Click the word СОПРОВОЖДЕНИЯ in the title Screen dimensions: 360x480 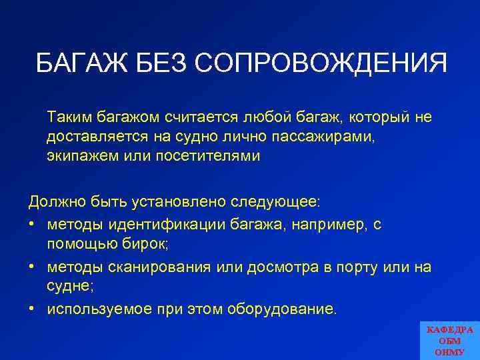[x=321, y=64]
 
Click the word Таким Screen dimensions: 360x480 [x=67, y=117]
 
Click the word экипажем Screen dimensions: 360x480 [x=79, y=157]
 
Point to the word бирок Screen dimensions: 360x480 [x=145, y=245]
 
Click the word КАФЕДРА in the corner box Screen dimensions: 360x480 [x=450, y=330]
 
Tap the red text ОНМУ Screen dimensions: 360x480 [x=450, y=352]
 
